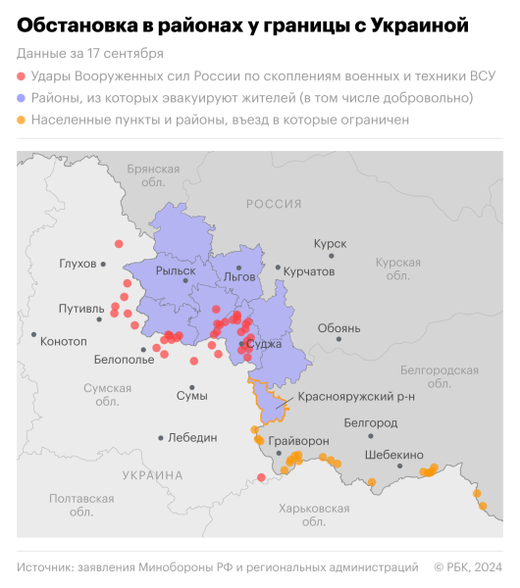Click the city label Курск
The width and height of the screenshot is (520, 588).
click(x=330, y=242)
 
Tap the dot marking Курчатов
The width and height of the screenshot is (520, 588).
click(x=279, y=268)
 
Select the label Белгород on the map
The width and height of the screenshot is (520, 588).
click(x=371, y=422)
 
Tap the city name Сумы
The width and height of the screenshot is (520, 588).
click(x=191, y=395)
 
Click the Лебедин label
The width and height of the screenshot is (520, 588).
click(x=191, y=437)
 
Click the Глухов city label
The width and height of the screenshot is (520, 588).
click(x=78, y=264)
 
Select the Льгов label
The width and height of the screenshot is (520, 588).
click(x=239, y=277)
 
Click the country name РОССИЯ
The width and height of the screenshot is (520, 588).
click(x=274, y=204)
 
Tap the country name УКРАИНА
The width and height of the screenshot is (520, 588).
click(x=152, y=475)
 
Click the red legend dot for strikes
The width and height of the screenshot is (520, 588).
click(x=22, y=76)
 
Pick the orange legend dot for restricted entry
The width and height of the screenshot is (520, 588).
click(x=22, y=120)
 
